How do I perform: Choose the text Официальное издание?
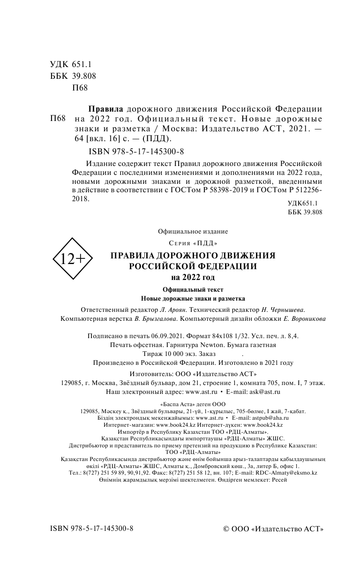(193, 231)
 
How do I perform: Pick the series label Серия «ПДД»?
(193, 242)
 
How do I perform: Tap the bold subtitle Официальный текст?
(193, 289)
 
